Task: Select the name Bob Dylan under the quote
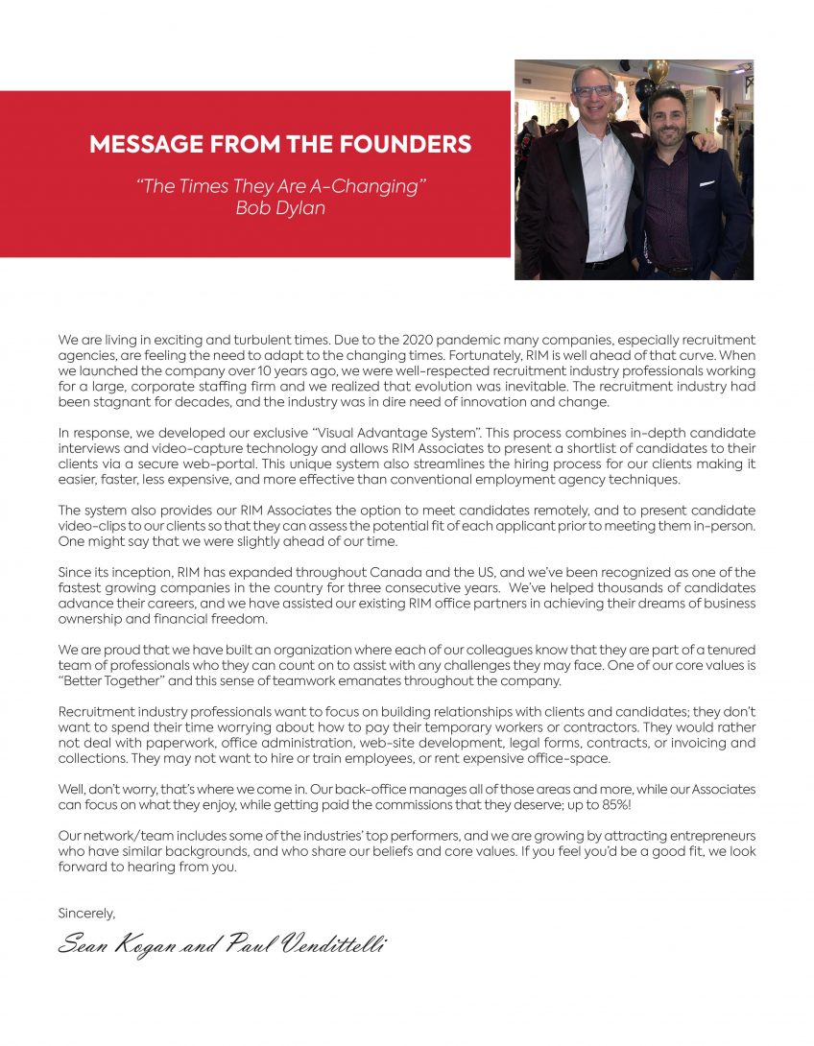[280, 207]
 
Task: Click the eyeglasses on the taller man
[591, 91]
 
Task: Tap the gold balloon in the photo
[657, 71]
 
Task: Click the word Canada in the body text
[371, 572]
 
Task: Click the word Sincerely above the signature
[86, 913]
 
